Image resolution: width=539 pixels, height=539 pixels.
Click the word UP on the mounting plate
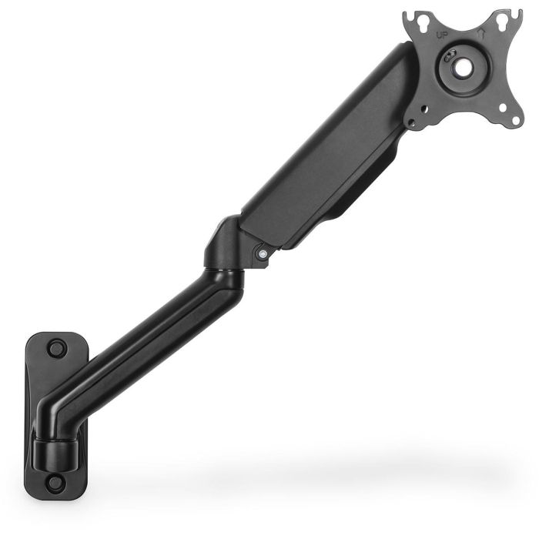click(441, 35)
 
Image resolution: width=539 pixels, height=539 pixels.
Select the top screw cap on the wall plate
click(56, 348)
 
